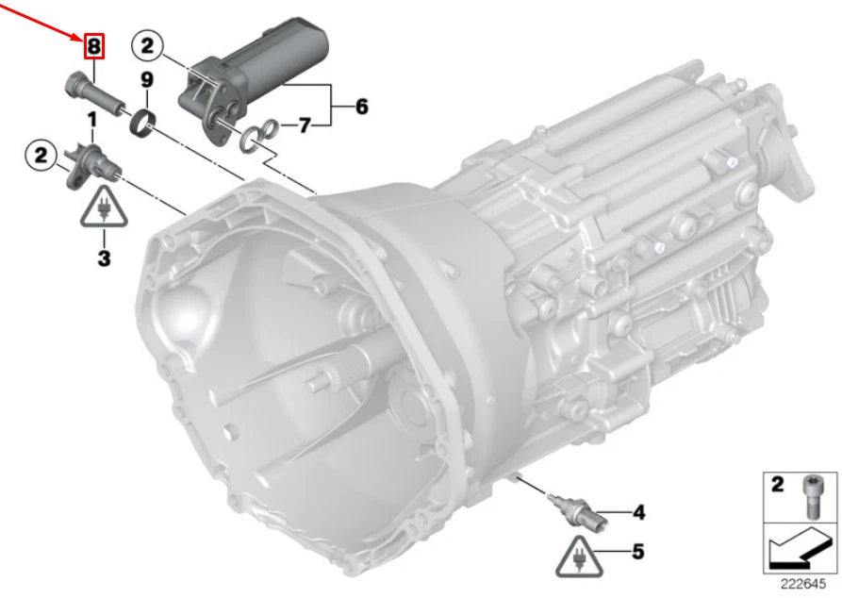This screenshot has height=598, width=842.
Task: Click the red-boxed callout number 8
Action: tap(93, 46)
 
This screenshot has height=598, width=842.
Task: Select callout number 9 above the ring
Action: tap(146, 80)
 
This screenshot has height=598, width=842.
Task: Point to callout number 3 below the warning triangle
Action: tap(104, 257)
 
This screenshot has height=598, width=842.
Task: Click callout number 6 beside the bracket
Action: tap(362, 107)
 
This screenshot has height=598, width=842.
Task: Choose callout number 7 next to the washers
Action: tap(305, 125)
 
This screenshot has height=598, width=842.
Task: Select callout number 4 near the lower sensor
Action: tap(638, 512)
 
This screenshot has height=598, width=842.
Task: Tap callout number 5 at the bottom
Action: tap(637, 551)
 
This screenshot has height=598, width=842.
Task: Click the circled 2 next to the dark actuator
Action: tap(147, 45)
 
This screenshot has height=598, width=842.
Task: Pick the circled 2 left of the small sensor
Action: tap(41, 156)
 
